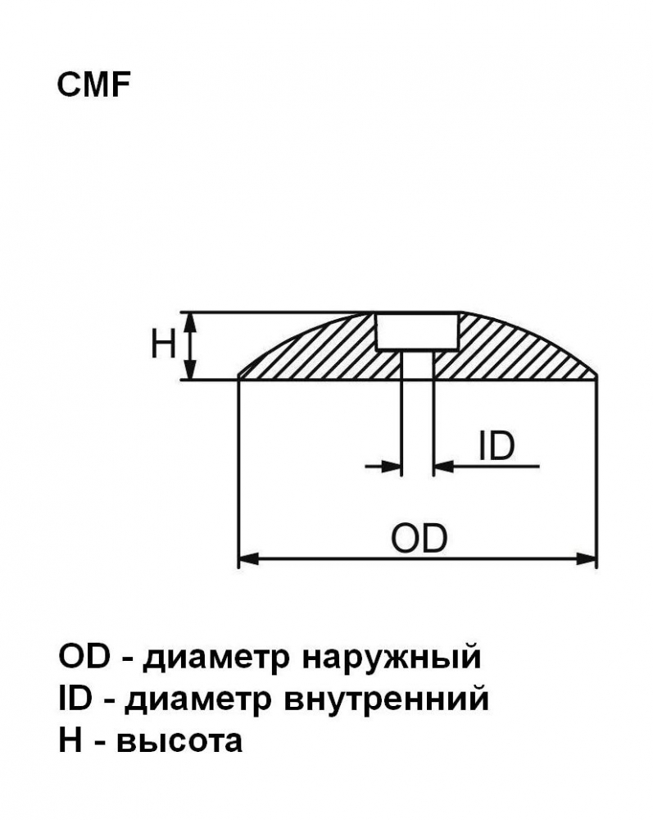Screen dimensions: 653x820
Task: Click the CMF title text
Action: [93, 84]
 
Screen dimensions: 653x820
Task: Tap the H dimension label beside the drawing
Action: [163, 344]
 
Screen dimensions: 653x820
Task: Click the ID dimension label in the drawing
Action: [497, 446]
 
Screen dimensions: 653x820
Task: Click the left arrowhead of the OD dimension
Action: [248, 558]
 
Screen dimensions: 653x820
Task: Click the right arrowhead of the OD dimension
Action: [586, 558]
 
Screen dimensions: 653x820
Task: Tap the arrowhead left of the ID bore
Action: [392, 466]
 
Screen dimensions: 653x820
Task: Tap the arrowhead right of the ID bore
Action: [444, 466]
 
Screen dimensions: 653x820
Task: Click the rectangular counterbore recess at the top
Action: [417, 331]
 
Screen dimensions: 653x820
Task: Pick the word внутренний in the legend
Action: [386, 699]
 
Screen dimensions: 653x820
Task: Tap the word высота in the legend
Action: [179, 742]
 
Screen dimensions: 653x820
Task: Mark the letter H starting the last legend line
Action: [70, 740]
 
